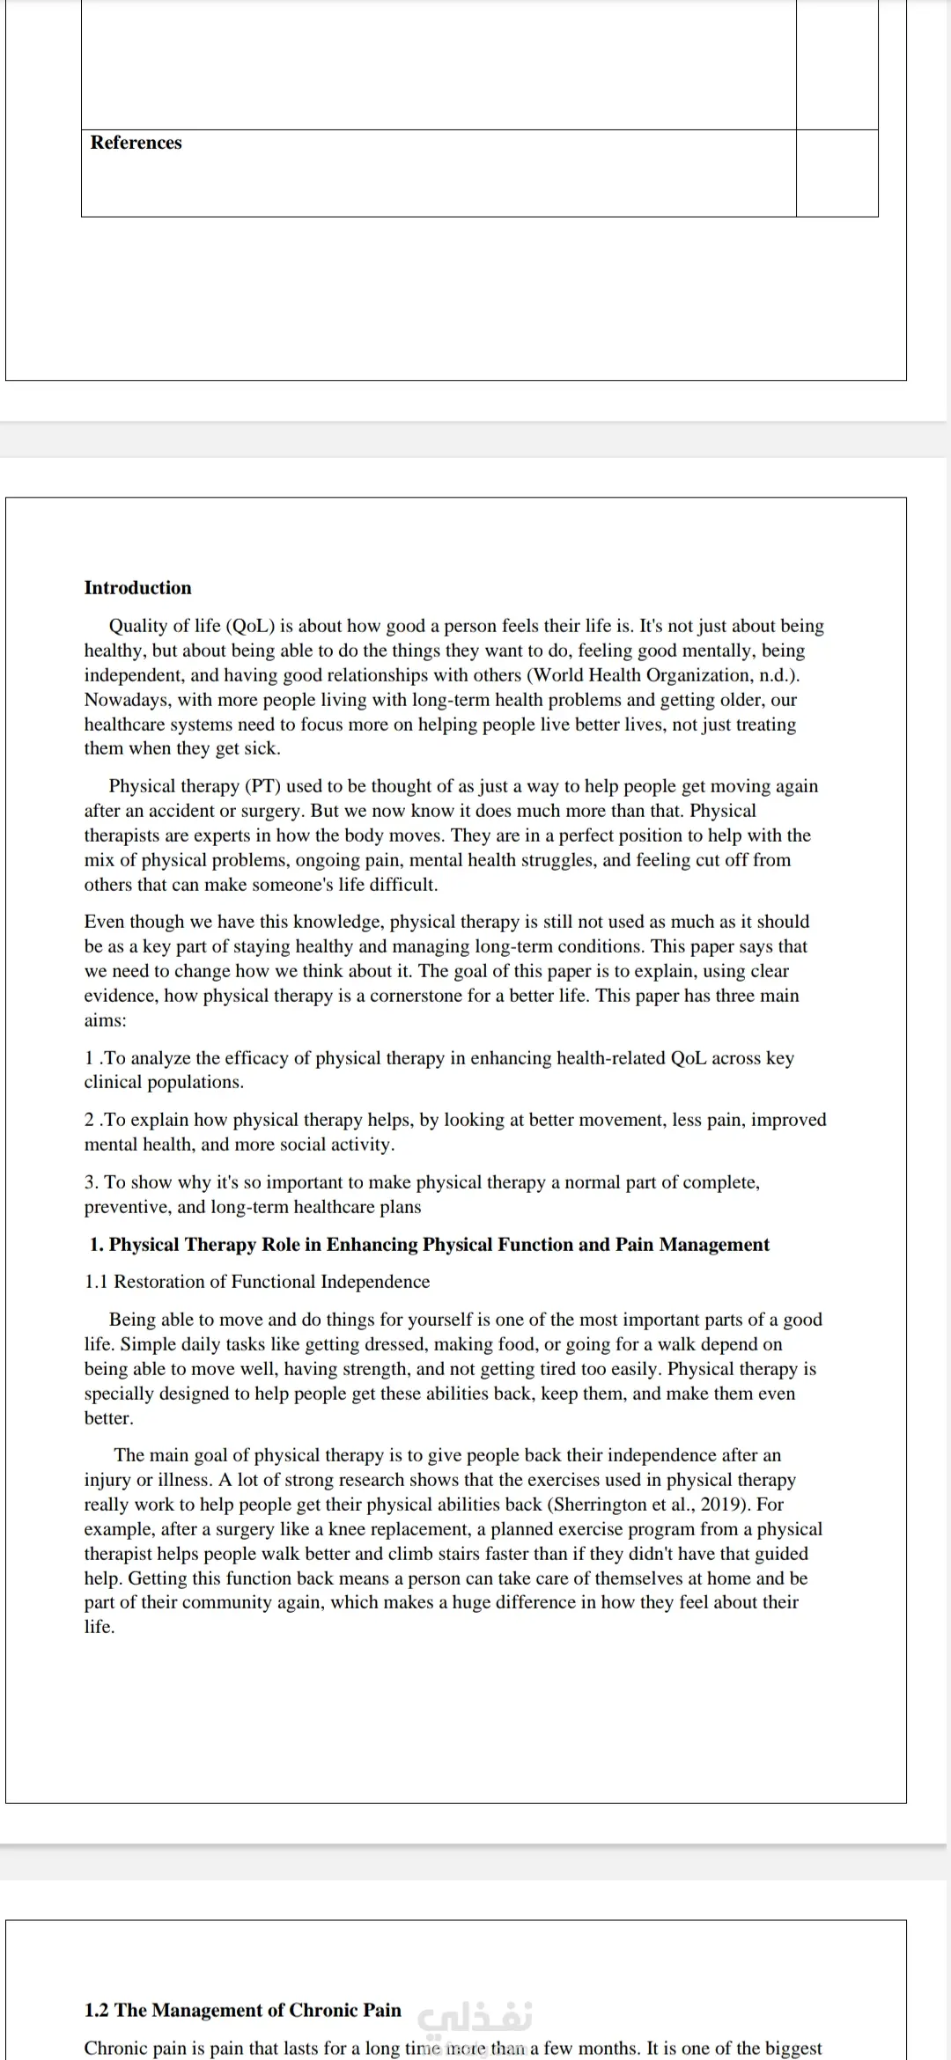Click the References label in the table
136,143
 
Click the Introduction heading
137,588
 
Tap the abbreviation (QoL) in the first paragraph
251,626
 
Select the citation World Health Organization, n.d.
662,675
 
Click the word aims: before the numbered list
105,1020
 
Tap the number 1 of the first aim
89,1058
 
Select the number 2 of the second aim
90,1120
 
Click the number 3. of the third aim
92,1182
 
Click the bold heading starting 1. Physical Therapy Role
430,1245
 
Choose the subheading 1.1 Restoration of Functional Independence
257,1282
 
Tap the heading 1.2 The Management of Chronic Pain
242,2011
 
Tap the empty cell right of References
837,173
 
